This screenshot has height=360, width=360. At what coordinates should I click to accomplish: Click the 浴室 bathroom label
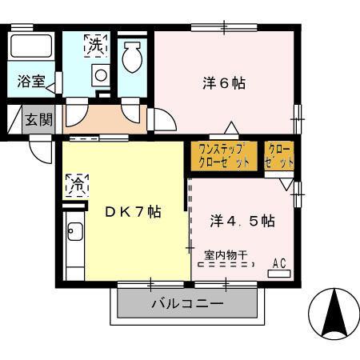(x=31, y=82)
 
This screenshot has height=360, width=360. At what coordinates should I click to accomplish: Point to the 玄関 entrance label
(x=38, y=120)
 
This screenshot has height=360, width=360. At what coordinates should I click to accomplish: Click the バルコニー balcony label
(x=189, y=305)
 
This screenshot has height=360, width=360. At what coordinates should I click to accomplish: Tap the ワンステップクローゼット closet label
(x=223, y=155)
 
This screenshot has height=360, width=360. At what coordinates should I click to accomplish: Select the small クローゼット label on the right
(x=279, y=155)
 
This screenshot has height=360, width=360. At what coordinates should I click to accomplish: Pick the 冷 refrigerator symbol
(x=78, y=184)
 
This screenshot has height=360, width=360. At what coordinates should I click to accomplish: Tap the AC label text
(x=280, y=262)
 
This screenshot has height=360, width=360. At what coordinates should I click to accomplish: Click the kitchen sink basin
(x=74, y=234)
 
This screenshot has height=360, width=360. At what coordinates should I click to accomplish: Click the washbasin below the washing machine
(x=101, y=77)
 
